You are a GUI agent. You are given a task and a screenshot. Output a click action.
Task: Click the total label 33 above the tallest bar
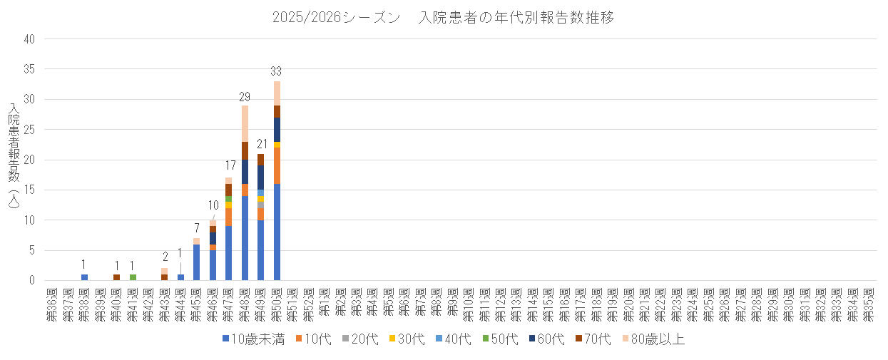pyautogui.click(x=277, y=71)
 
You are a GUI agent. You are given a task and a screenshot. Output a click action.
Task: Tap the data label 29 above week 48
pyautogui.click(x=245, y=96)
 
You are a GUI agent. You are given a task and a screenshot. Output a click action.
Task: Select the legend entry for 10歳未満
pyautogui.click(x=253, y=340)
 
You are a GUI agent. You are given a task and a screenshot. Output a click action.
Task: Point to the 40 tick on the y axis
pyautogui.click(x=29, y=40)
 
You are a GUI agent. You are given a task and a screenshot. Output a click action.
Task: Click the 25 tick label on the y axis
pyautogui.click(x=29, y=130)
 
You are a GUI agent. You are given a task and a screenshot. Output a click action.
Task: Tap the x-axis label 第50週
pyautogui.click(x=277, y=304)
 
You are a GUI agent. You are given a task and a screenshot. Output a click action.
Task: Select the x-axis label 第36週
pyautogui.click(x=52, y=304)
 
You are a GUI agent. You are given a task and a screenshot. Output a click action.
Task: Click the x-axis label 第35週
pyautogui.click(x=869, y=304)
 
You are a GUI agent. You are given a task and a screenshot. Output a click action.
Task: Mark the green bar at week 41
pyautogui.click(x=133, y=277)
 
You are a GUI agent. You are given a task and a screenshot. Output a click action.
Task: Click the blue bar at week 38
pyautogui.click(x=84, y=277)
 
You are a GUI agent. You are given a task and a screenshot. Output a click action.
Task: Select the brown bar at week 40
pyautogui.click(x=116, y=277)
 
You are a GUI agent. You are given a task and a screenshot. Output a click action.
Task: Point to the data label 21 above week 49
pyautogui.click(x=261, y=144)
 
